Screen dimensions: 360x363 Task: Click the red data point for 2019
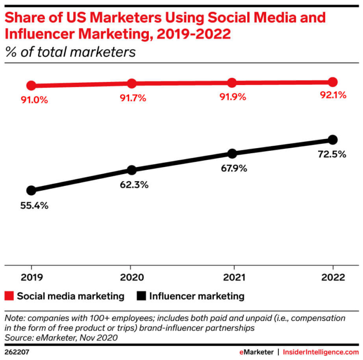[31, 86]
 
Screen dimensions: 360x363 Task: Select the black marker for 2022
[332, 140]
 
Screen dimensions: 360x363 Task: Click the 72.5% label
[332, 154]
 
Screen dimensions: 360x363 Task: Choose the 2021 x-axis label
[232, 277]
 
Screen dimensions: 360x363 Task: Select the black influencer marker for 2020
[132, 170]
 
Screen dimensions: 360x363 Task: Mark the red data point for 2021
[232, 83]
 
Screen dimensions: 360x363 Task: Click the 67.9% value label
[232, 168]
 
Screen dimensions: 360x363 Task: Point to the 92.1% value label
[332, 95]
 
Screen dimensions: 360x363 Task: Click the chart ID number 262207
[17, 352]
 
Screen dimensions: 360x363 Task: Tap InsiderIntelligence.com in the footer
[321, 352]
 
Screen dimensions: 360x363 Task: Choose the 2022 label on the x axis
[332, 277]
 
